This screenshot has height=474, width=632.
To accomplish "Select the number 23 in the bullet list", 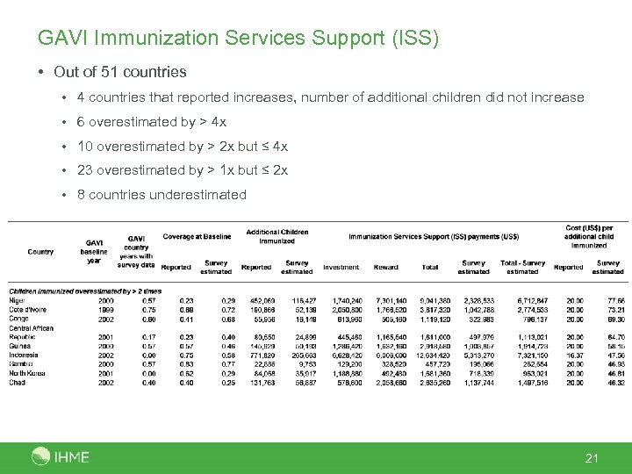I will click(x=85, y=170).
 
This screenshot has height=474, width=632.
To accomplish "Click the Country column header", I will click(x=40, y=252).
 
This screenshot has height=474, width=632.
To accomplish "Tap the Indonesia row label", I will click(x=25, y=355).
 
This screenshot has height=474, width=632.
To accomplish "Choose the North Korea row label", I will click(x=28, y=373).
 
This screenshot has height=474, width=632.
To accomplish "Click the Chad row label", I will click(x=17, y=383).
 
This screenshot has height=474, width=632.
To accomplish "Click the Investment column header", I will click(x=341, y=267).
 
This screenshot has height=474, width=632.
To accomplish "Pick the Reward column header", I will click(x=385, y=267).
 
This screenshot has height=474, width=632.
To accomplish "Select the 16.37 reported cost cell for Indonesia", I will click(x=574, y=355).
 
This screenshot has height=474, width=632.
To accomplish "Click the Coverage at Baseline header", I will click(x=197, y=235).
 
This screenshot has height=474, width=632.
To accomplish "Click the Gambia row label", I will click(x=21, y=363).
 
